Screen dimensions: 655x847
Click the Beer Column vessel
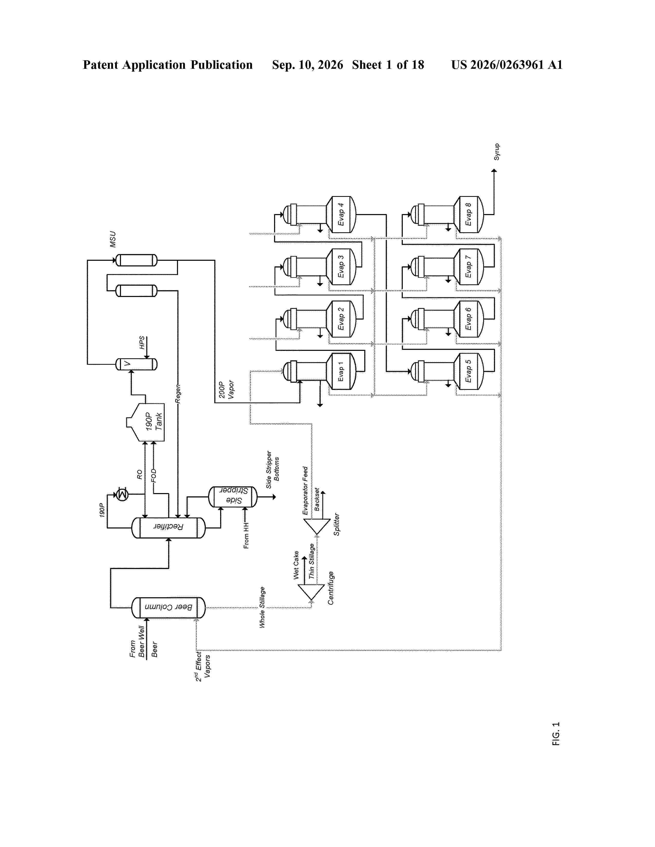tap(169, 607)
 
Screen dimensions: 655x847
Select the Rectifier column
tap(169, 527)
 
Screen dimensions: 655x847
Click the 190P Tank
tap(145, 422)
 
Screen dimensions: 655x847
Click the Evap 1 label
tap(341, 372)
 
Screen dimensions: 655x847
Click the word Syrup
tap(497, 152)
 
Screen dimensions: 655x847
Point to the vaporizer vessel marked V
tap(137, 364)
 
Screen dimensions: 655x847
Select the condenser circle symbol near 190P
tap(122, 495)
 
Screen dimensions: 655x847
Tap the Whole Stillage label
tap(262, 607)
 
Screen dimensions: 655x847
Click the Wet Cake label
tap(296, 565)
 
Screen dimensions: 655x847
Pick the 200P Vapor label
tap(226, 389)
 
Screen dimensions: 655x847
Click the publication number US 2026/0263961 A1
tap(507, 65)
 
